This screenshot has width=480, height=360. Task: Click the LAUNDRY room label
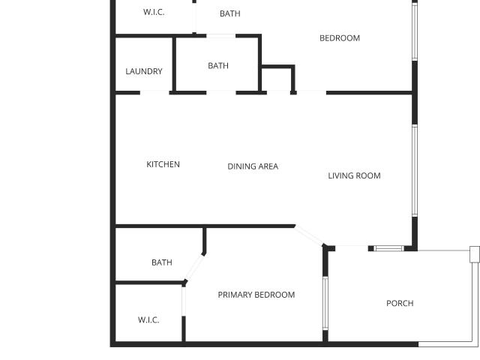coord(144,71)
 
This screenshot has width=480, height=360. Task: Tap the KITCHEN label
coord(163,164)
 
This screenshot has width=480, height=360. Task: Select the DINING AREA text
coord(253,166)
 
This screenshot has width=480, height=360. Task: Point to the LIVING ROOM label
coord(354,175)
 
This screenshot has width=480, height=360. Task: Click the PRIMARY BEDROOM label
coord(256,295)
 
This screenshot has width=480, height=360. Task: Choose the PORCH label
coord(400,303)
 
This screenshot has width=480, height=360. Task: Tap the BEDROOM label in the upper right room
coord(340,38)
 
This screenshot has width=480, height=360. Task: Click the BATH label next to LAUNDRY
coord(218,66)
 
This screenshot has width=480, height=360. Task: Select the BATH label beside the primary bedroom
coord(162,262)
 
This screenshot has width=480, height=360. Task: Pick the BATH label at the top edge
coord(230,13)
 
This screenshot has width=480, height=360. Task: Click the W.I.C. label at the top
coord(154,12)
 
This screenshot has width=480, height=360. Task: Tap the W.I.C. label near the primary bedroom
coord(148,320)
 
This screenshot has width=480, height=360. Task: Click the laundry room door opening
coord(154,92)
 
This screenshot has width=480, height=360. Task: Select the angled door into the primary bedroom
coord(309,235)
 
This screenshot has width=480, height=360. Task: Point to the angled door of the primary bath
coord(194,267)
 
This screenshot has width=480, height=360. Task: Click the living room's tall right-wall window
coord(415,171)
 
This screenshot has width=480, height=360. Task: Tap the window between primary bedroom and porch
coord(325,303)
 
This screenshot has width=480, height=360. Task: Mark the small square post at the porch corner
coord(475,254)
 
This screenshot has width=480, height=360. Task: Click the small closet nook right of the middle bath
coord(278,79)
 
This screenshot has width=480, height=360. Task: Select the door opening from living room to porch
coord(352,248)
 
